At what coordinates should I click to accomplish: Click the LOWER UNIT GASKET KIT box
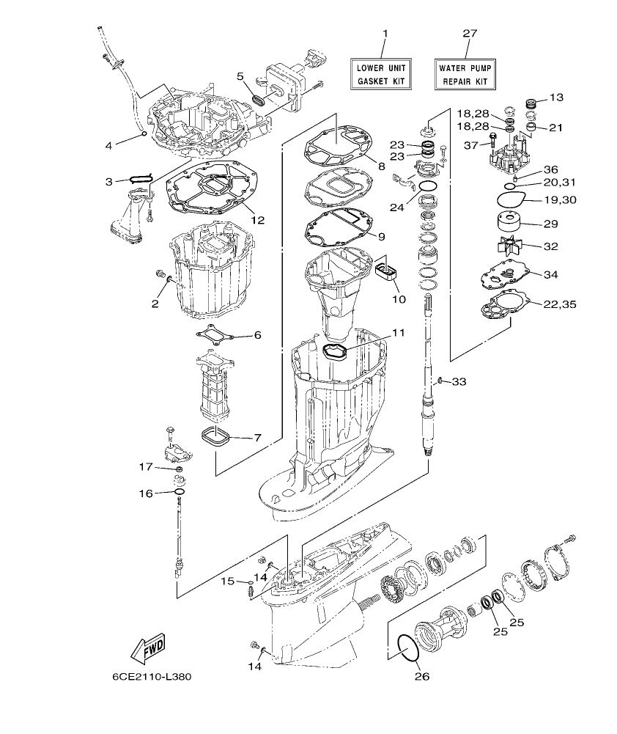[380, 74]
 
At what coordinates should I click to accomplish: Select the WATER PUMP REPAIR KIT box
[464, 74]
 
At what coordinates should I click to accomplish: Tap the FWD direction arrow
[147, 647]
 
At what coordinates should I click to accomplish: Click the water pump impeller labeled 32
[503, 246]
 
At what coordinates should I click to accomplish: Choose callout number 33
[459, 381]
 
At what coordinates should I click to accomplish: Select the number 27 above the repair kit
[470, 34]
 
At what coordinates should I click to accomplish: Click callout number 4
[108, 145]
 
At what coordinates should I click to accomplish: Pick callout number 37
[470, 145]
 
